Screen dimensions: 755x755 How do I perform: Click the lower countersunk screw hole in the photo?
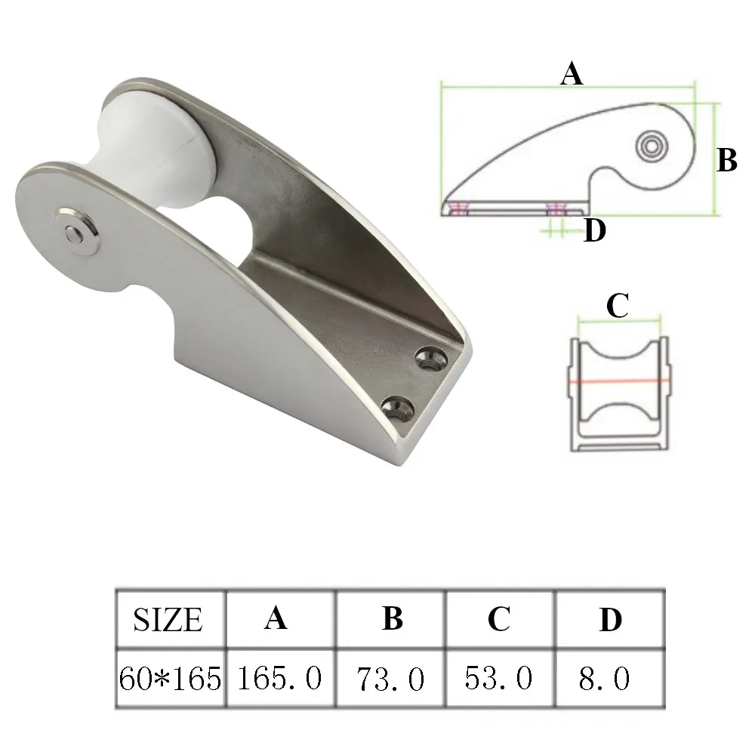click(x=398, y=409)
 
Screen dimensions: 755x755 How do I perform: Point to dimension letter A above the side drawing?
click(x=571, y=74)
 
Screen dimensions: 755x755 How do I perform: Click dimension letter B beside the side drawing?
click(x=726, y=160)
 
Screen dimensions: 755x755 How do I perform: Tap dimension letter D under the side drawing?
click(x=595, y=230)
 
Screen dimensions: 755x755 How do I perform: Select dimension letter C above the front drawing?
click(x=618, y=305)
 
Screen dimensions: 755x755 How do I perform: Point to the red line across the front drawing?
click(x=619, y=381)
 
